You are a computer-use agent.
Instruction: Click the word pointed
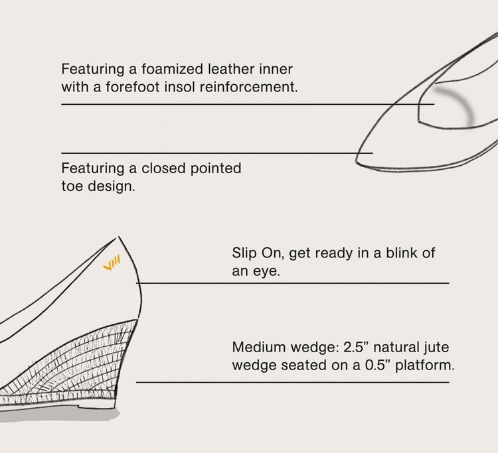(217, 169)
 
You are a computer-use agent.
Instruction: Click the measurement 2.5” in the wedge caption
(356, 347)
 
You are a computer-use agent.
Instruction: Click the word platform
(425, 364)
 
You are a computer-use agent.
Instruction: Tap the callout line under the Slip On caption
(292, 283)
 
